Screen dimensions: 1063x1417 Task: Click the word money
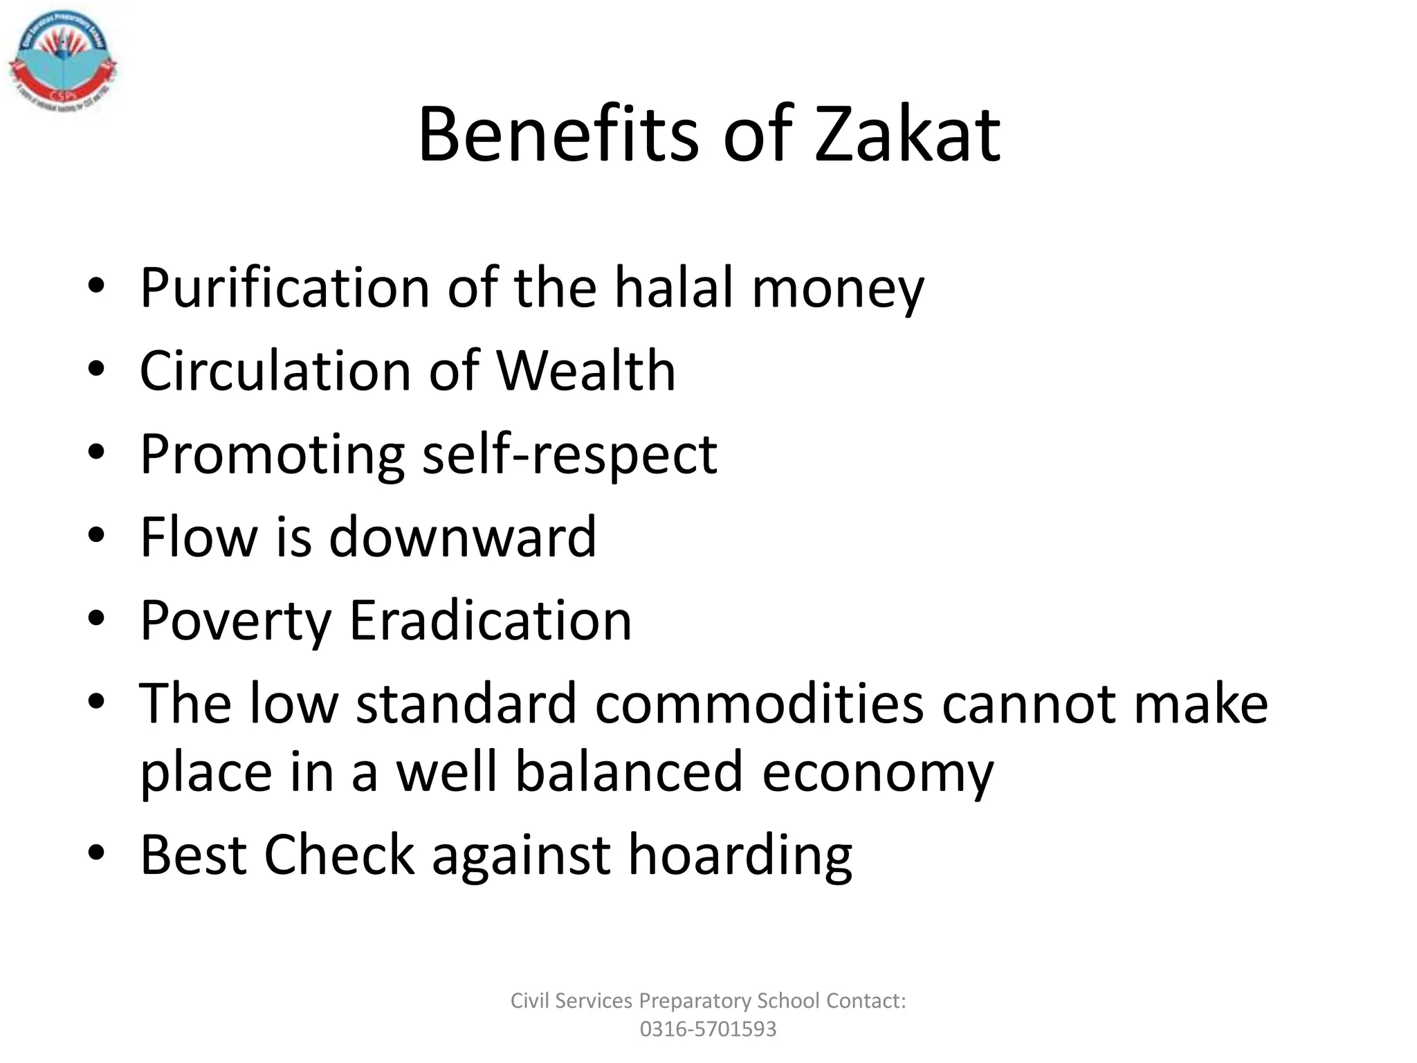tap(838, 289)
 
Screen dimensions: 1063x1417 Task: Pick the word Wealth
tap(586, 370)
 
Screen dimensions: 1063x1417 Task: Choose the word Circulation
tap(275, 370)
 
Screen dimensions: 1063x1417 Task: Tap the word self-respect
tap(569, 455)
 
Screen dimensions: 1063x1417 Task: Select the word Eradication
tap(491, 619)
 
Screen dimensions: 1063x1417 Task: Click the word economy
tap(877, 774)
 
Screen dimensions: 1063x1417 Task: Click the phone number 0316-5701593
tap(708, 1029)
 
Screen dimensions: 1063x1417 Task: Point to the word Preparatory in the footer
tap(695, 1001)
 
